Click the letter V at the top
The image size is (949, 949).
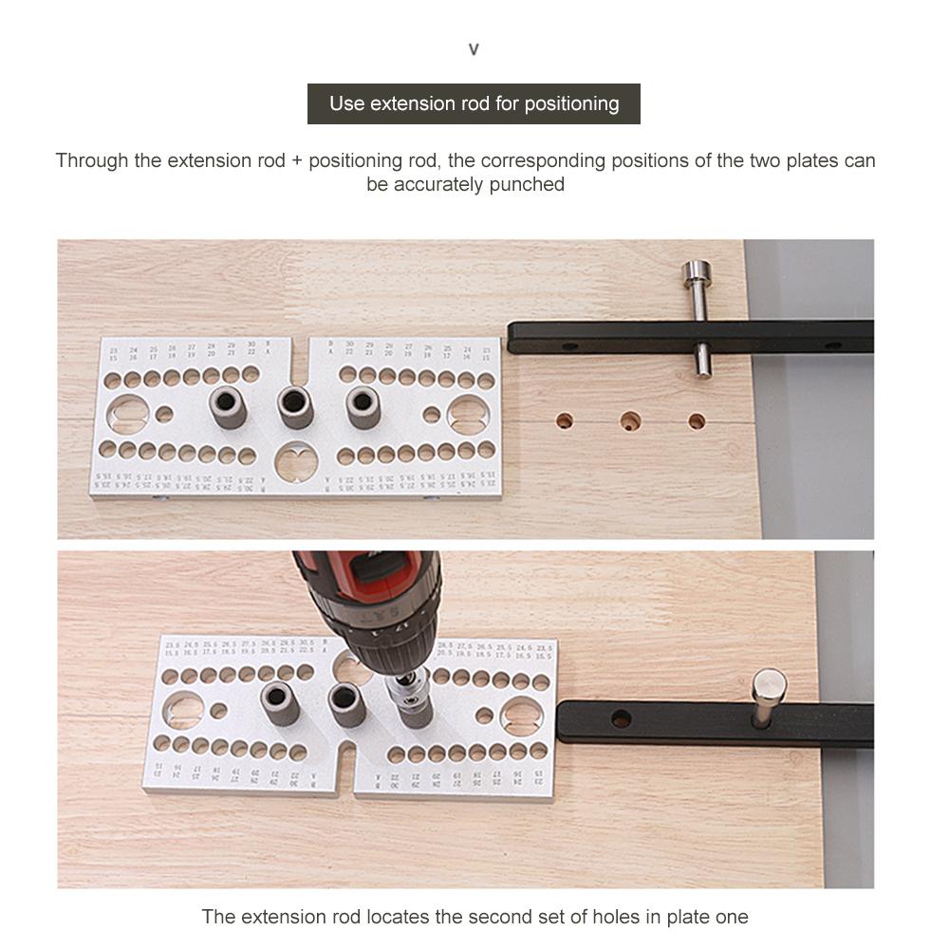(x=474, y=49)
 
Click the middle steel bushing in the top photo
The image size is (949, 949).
(x=295, y=405)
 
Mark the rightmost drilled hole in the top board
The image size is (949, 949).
(x=698, y=420)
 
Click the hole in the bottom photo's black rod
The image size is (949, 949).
(x=621, y=718)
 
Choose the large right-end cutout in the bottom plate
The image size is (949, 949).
(x=521, y=718)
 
